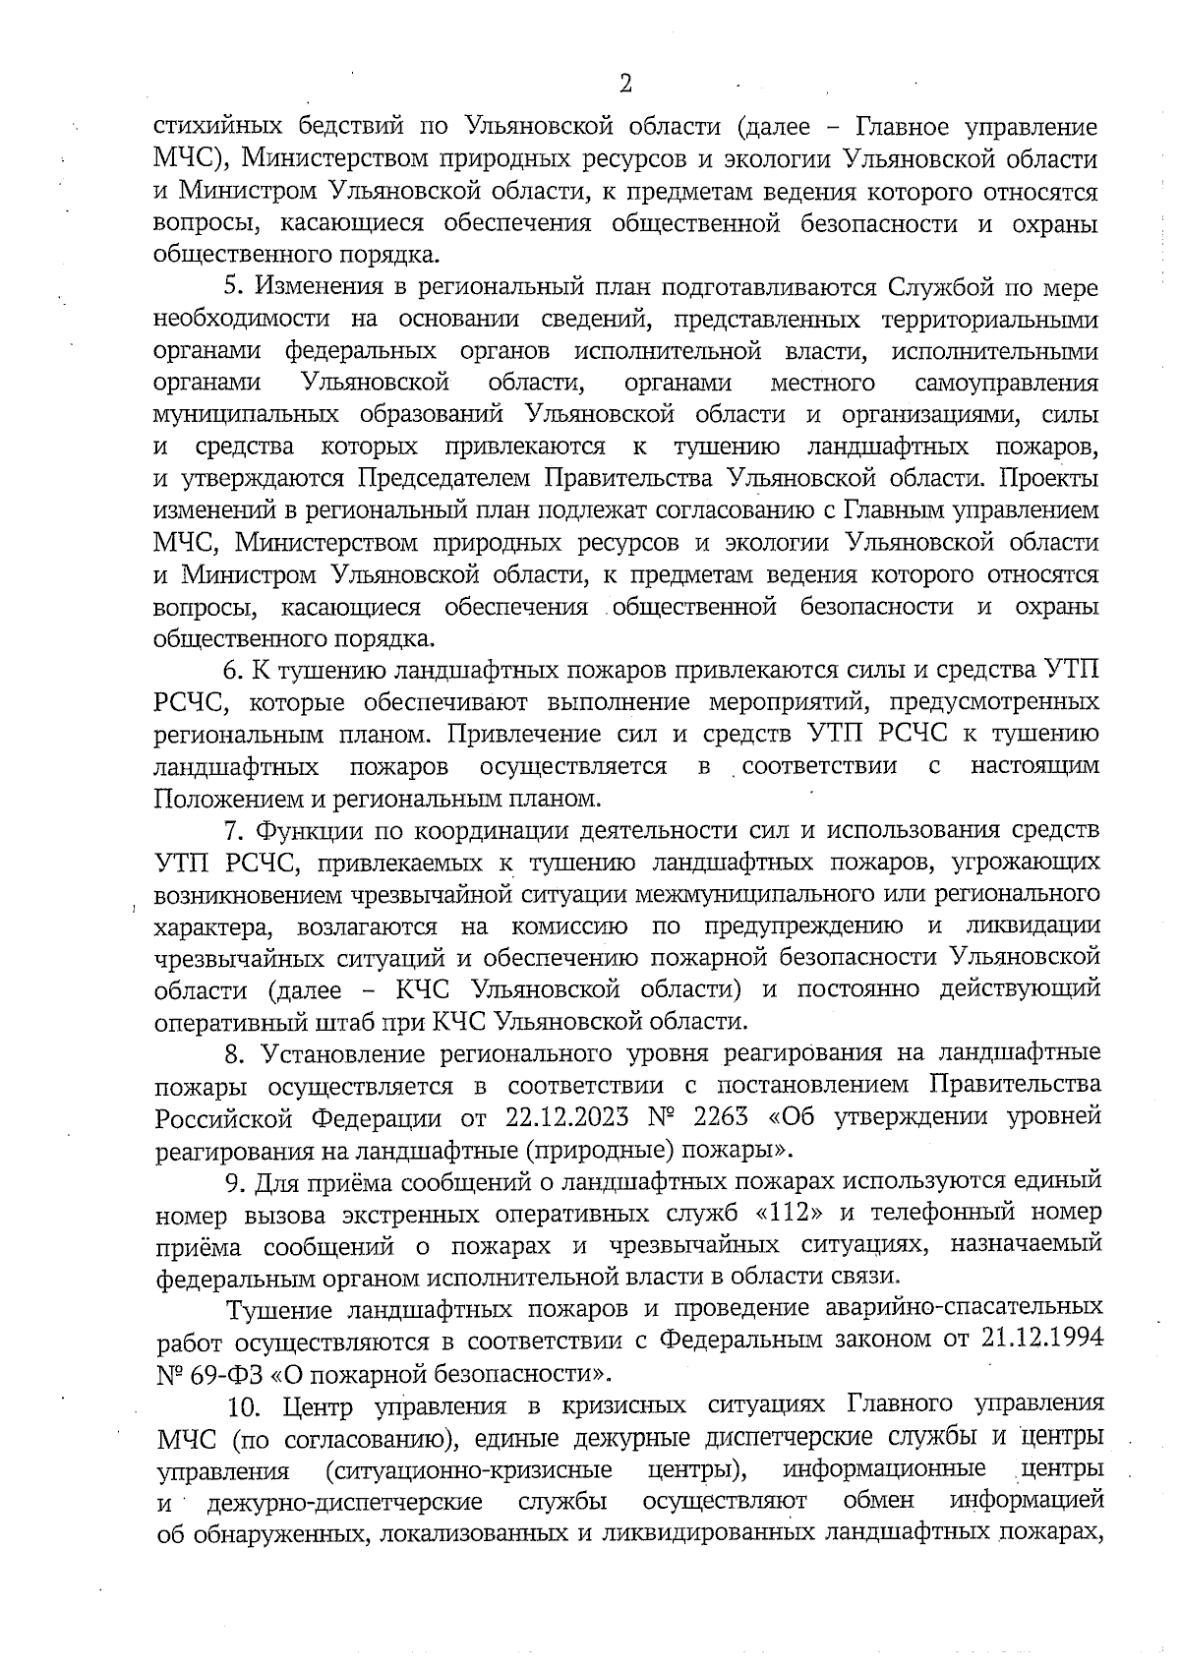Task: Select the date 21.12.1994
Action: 1042,1341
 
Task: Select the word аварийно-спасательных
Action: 969,1308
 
